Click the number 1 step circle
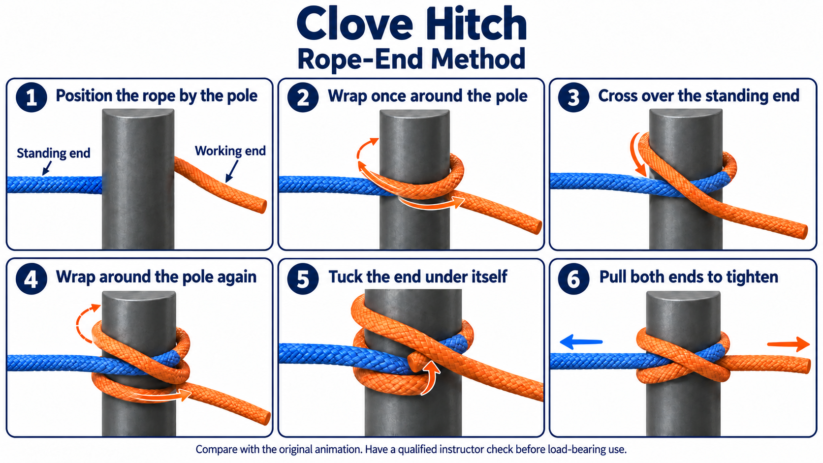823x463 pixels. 31,97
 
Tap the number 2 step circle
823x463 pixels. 303,97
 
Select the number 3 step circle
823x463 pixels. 573,97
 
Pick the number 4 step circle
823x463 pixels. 31,279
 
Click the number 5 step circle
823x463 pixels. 303,279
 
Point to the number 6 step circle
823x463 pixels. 573,279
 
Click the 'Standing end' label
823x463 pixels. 54,153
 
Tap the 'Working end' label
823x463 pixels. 230,151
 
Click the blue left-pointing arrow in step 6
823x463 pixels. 581,341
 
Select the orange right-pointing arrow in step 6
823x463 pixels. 789,344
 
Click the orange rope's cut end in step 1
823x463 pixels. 262,206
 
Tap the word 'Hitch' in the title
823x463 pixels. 474,24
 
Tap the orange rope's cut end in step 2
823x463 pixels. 537,227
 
